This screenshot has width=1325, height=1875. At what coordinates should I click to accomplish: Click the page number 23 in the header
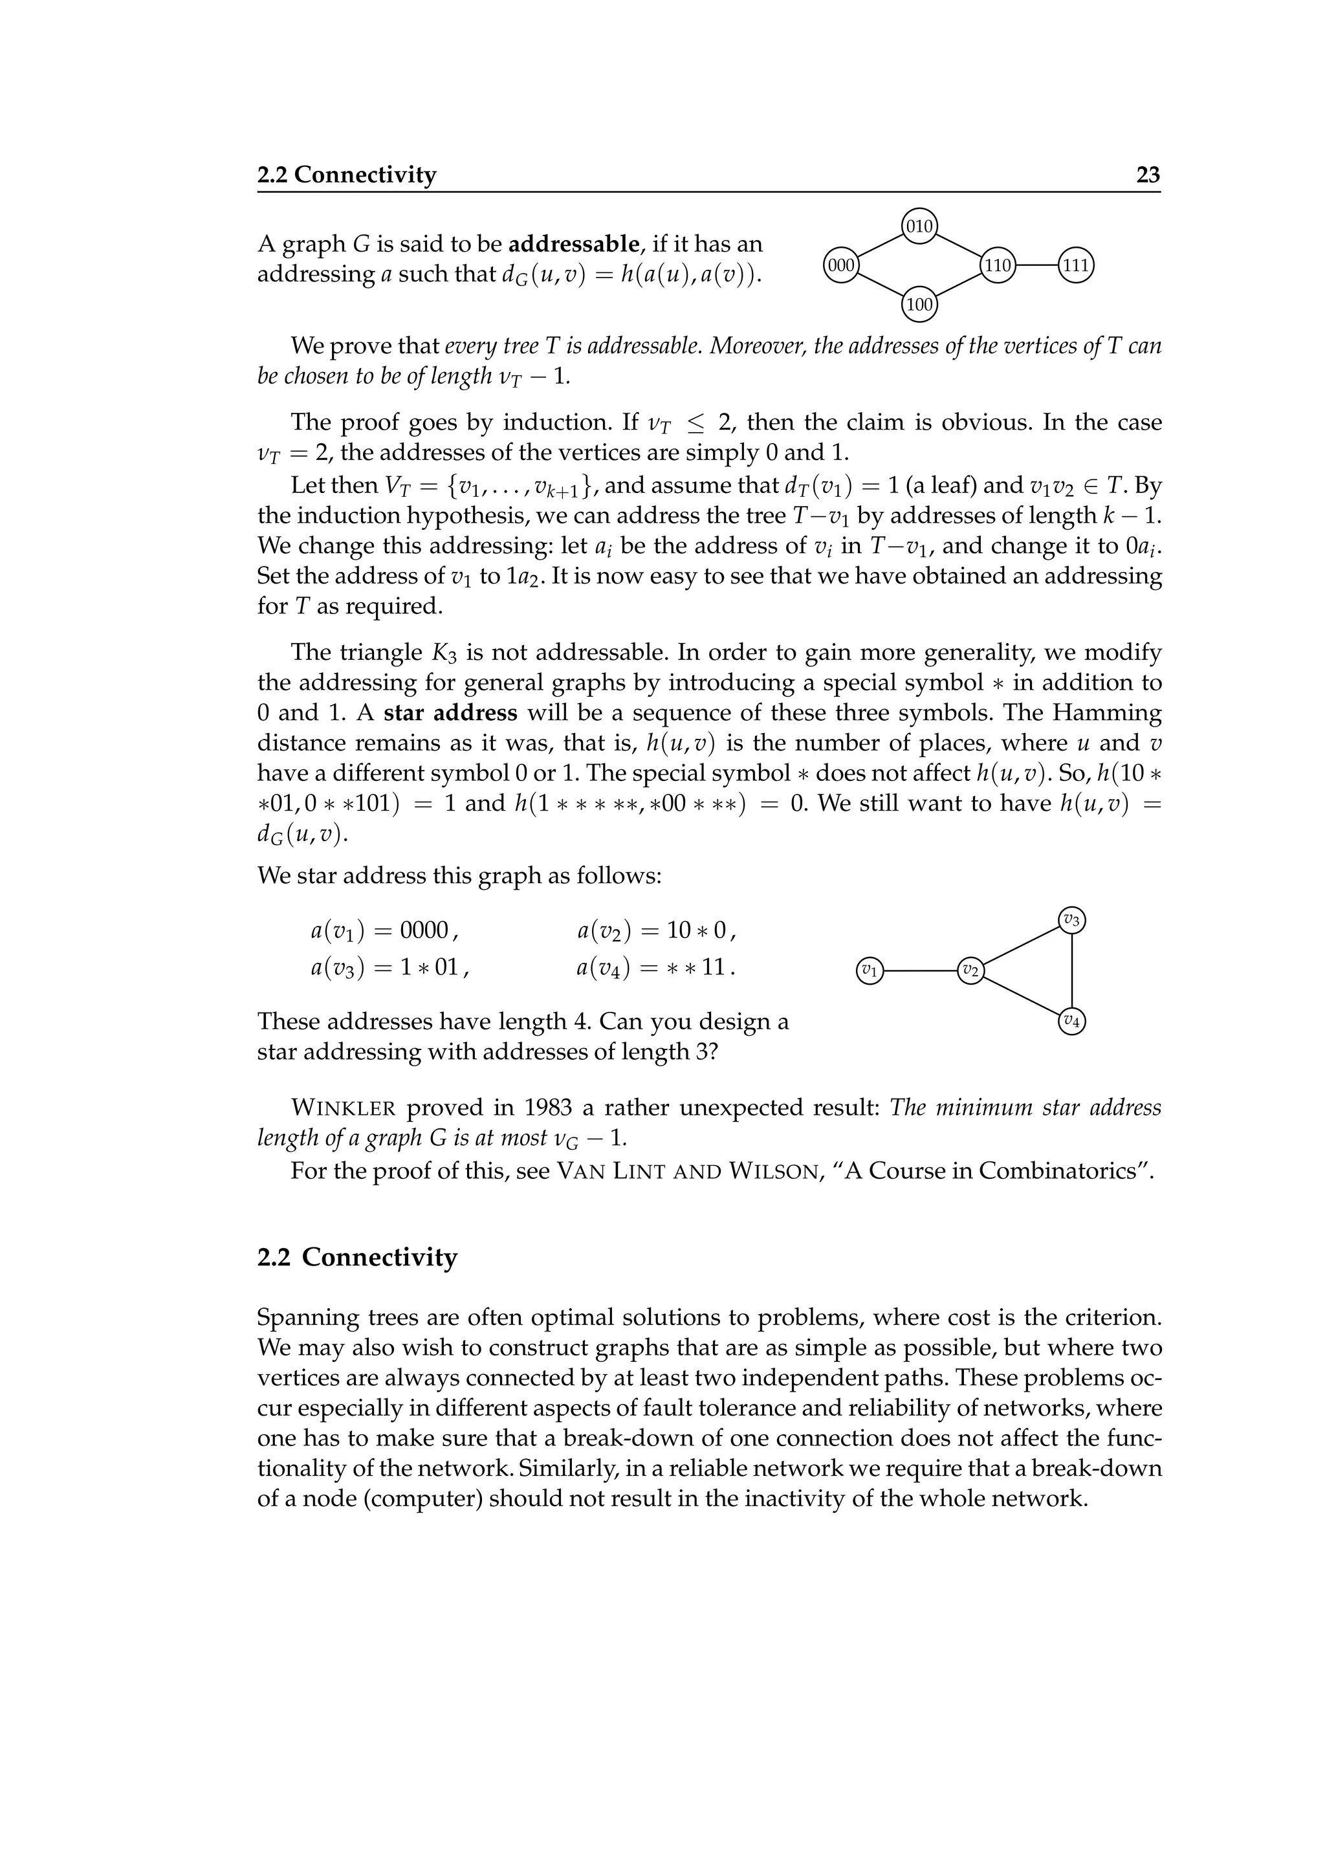(1148, 175)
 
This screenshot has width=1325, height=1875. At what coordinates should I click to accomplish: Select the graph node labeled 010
(919, 226)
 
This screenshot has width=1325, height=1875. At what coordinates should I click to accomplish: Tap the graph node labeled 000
(841, 265)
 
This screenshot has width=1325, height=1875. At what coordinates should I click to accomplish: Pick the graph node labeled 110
(998, 265)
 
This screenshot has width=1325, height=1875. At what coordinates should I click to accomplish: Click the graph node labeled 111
(1076, 265)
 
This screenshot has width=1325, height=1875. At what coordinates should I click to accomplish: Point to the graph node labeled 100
(919, 305)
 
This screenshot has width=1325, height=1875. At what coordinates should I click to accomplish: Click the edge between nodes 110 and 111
(1037, 265)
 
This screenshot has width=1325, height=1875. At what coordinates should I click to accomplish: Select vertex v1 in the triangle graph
(870, 971)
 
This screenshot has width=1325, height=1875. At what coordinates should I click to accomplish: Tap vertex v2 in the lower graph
(970, 971)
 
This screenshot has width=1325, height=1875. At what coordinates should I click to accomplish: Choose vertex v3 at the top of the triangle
(1071, 920)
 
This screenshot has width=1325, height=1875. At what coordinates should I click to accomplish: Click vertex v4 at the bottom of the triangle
(1071, 1021)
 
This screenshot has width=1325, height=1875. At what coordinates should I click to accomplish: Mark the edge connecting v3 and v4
(1071, 971)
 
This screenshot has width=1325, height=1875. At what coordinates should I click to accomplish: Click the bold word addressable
(573, 243)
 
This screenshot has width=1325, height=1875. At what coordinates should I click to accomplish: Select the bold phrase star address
(450, 713)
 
